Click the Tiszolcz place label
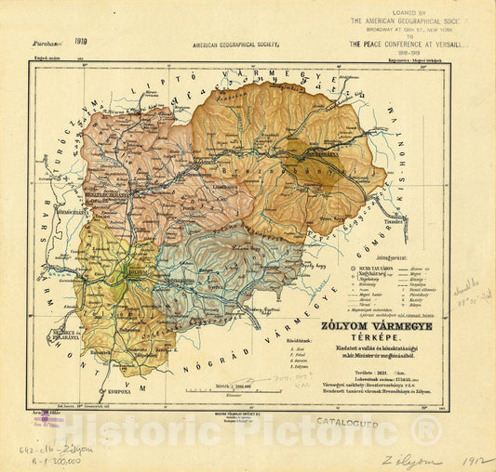[x=394, y=222]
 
